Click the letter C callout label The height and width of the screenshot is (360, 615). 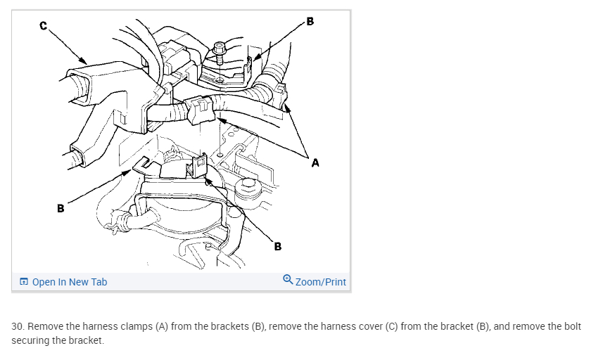tap(44, 26)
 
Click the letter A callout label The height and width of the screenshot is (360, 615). tap(315, 163)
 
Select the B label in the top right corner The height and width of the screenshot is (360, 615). tap(310, 20)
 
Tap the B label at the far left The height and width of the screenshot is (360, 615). tap(61, 209)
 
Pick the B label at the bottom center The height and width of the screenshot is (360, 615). tap(278, 246)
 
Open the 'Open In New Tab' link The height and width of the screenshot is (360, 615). tap(70, 282)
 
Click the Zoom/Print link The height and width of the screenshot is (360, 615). tap(321, 282)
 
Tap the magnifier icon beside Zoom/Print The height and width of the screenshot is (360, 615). tap(288, 280)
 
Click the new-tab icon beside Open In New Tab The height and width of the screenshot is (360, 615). tap(24, 282)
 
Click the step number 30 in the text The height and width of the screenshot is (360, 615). tap(18, 327)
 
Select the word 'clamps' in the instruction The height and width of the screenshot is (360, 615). tap(131, 327)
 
